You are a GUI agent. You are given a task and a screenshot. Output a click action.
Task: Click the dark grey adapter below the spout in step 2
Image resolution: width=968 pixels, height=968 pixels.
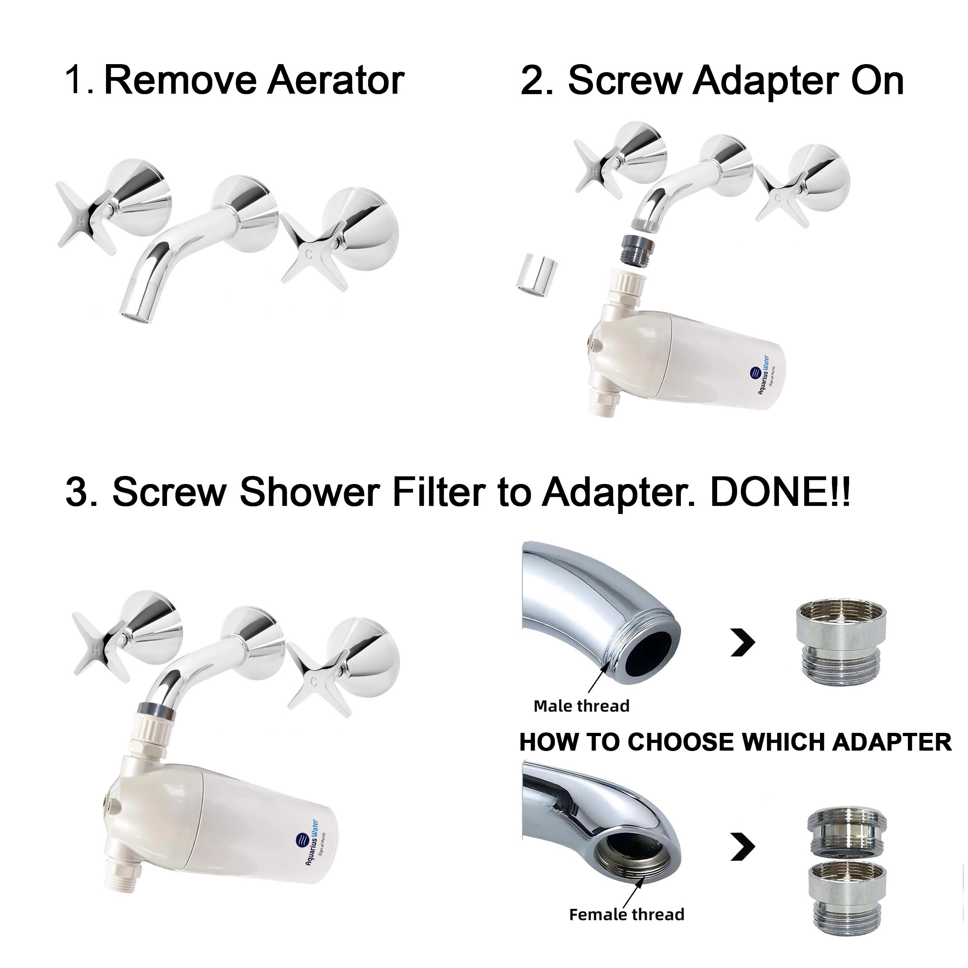(x=637, y=248)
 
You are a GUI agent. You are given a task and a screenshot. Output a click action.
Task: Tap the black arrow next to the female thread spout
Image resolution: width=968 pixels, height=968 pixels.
(x=743, y=846)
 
